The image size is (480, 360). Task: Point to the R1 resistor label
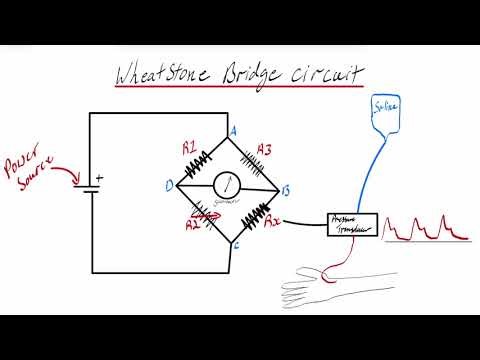click(189, 148)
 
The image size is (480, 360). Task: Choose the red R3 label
click(264, 150)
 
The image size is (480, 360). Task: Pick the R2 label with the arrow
click(194, 225)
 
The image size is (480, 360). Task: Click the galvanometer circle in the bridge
click(230, 185)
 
